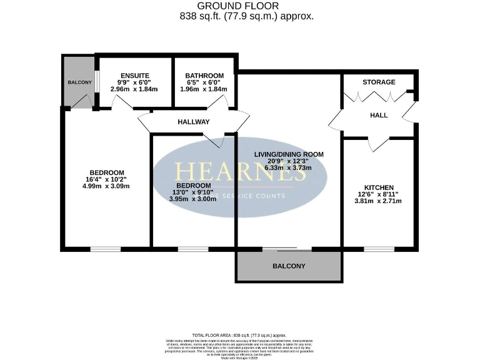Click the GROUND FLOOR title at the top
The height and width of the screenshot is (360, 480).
tap(240, 6)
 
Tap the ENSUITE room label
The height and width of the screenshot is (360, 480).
tap(134, 75)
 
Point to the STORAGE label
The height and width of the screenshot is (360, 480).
tap(379, 82)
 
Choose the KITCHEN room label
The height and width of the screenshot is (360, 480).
tap(379, 187)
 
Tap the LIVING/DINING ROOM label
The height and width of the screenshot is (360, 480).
tap(288, 154)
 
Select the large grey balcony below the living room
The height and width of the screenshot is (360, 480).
tap(289, 266)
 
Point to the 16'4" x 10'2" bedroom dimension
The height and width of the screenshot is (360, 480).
tap(106, 179)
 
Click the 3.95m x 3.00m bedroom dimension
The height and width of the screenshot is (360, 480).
tap(192, 199)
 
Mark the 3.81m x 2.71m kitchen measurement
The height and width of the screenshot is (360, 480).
tap(378, 201)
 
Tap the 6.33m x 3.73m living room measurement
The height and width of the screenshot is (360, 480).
tap(288, 167)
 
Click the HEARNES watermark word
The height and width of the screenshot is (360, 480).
tap(240, 172)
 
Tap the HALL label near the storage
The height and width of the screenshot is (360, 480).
tap(379, 116)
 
